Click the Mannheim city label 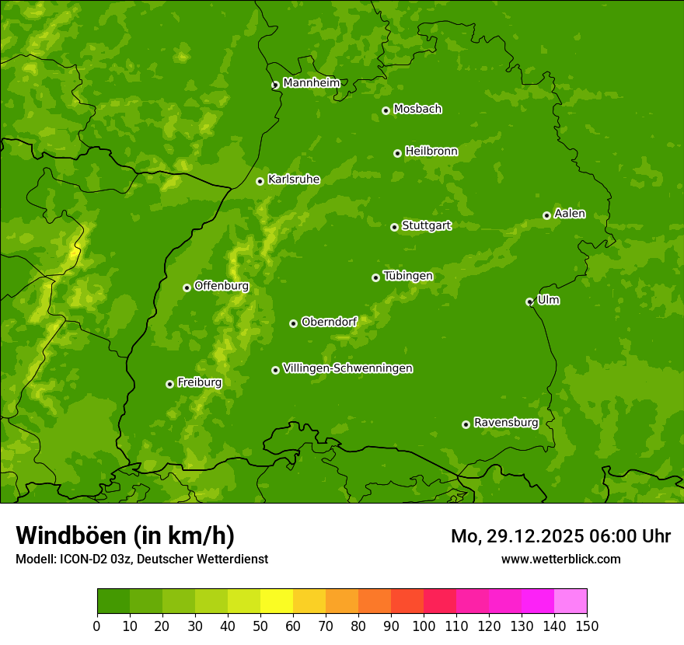click(312, 83)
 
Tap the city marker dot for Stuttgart click(394, 227)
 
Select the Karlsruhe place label click(294, 180)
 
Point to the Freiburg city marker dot click(169, 384)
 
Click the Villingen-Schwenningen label click(347, 368)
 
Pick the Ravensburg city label click(506, 423)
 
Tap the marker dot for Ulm click(529, 302)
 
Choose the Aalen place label click(570, 214)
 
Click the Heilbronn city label click(431, 152)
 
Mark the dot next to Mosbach click(386, 111)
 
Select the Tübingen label click(408, 276)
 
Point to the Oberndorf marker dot click(293, 323)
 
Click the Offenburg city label click(222, 286)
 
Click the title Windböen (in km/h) click(125, 535)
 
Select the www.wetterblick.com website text click(560, 559)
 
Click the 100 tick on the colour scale click(424, 626)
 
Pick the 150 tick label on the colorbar click(587, 626)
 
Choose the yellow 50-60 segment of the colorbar click(277, 601)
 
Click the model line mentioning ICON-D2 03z click(141, 559)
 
